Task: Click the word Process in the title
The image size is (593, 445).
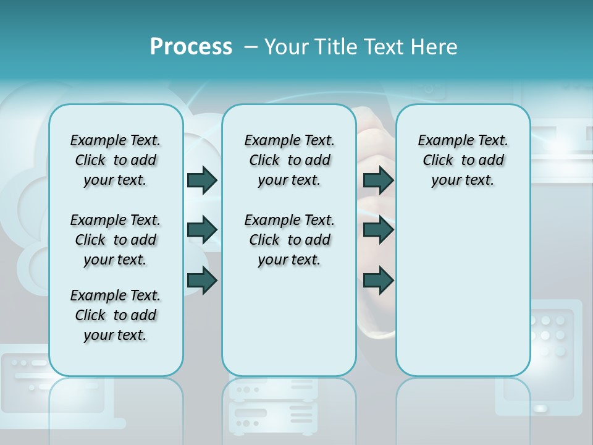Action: tap(191, 47)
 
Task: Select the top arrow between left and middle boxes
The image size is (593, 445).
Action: tap(202, 180)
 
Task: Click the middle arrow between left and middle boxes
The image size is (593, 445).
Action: tap(202, 230)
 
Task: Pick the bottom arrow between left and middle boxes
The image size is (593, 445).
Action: tap(202, 281)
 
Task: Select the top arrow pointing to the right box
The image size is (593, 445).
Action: tap(378, 180)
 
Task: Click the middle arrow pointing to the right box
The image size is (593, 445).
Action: tap(378, 230)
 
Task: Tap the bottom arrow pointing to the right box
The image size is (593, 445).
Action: tap(378, 281)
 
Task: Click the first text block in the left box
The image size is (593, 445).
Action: tap(116, 160)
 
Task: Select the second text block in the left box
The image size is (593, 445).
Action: tap(116, 240)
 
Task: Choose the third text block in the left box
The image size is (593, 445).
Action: tap(116, 315)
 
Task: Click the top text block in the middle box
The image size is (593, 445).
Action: tap(289, 160)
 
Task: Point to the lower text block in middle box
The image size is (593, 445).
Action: tap(289, 240)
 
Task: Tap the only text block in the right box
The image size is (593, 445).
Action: tap(463, 160)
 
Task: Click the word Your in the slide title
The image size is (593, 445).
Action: tap(285, 47)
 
